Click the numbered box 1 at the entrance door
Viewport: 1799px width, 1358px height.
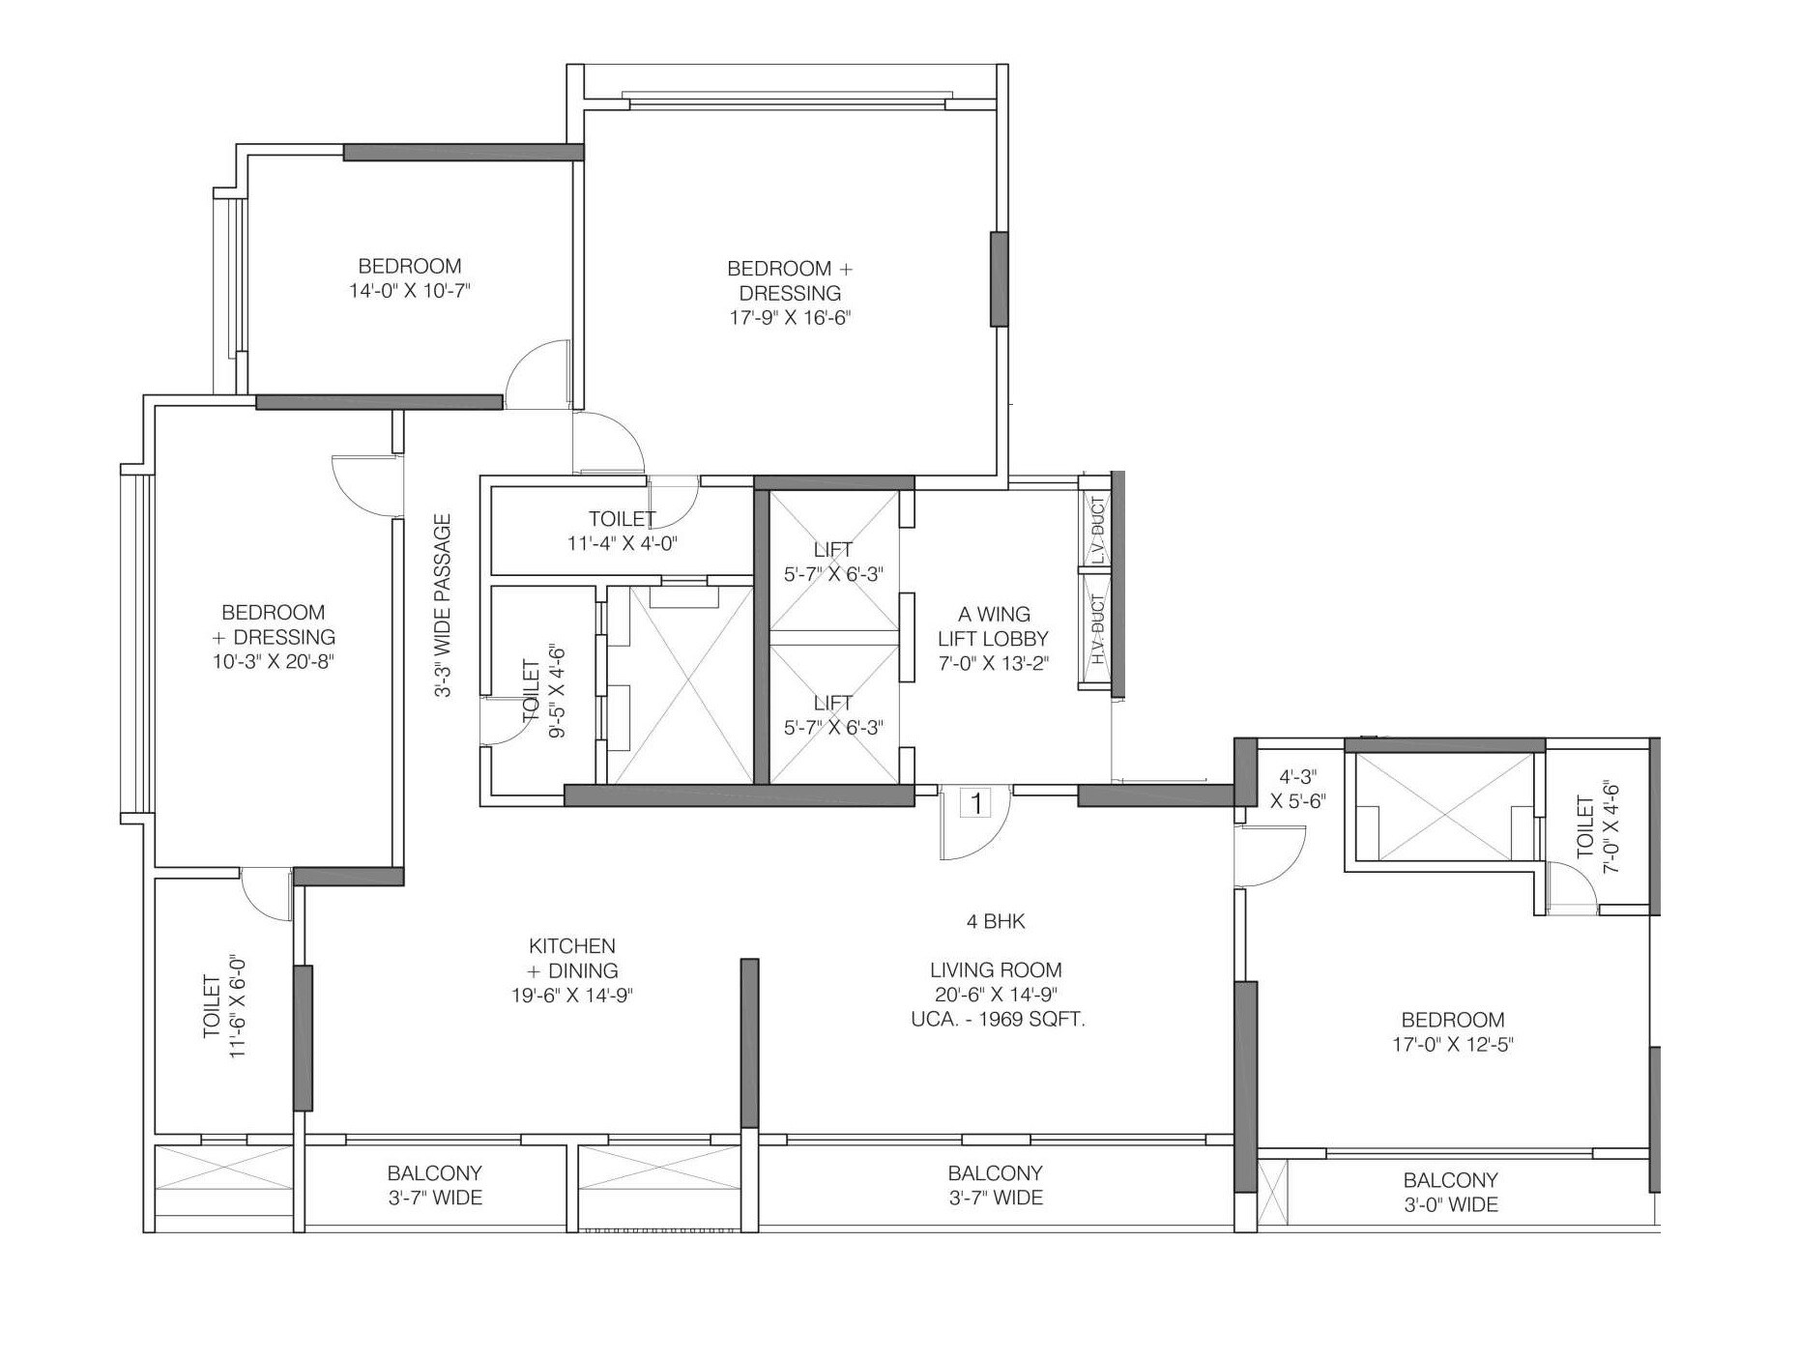click(x=976, y=803)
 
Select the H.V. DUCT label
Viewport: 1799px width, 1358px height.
click(x=1096, y=629)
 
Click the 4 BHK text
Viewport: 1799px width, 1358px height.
click(x=996, y=922)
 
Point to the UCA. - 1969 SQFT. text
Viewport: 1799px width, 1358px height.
click(x=998, y=1019)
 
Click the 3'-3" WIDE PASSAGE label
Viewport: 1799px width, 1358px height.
click(x=443, y=606)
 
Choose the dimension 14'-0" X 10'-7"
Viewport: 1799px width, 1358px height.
click(x=410, y=291)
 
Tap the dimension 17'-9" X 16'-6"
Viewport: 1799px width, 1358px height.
click(x=790, y=318)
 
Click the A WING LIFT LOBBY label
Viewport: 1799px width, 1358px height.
click(x=993, y=638)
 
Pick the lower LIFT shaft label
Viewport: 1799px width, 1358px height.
click(x=832, y=715)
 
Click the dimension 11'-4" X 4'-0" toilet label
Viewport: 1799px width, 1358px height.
click(x=623, y=543)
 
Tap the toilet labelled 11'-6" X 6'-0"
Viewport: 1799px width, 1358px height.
click(x=224, y=1007)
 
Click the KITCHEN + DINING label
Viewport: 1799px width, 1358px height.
click(x=572, y=958)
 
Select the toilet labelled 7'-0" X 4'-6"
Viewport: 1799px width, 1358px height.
click(x=1597, y=827)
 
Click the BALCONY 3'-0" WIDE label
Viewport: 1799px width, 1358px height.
click(x=1450, y=1192)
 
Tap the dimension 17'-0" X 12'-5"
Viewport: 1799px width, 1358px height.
click(x=1453, y=1045)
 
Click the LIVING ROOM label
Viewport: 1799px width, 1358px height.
click(x=996, y=969)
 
